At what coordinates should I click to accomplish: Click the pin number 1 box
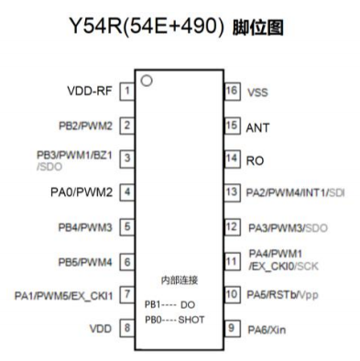tap(125, 92)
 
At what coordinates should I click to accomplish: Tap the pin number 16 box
tap(232, 92)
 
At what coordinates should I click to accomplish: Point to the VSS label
tap(258, 93)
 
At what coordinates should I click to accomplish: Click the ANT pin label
tap(258, 126)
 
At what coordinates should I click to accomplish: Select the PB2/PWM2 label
tap(83, 126)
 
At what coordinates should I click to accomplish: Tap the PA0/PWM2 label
tap(83, 192)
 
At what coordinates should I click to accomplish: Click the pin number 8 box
tap(125, 327)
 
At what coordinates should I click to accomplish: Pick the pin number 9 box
tap(232, 327)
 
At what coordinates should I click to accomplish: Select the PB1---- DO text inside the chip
tap(169, 303)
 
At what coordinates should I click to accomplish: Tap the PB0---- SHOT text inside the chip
tap(174, 319)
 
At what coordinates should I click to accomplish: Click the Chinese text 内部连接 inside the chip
tap(179, 278)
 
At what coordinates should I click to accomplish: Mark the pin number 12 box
tap(232, 226)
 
